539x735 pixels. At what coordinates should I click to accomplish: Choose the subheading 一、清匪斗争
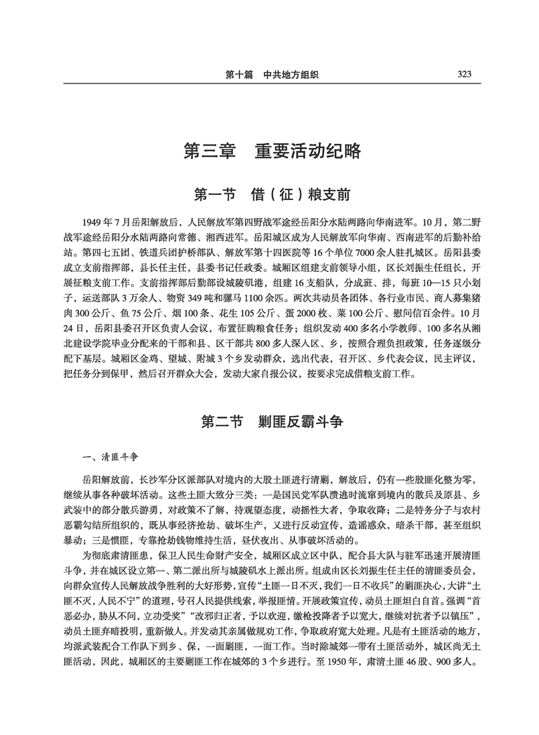coord(109,457)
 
